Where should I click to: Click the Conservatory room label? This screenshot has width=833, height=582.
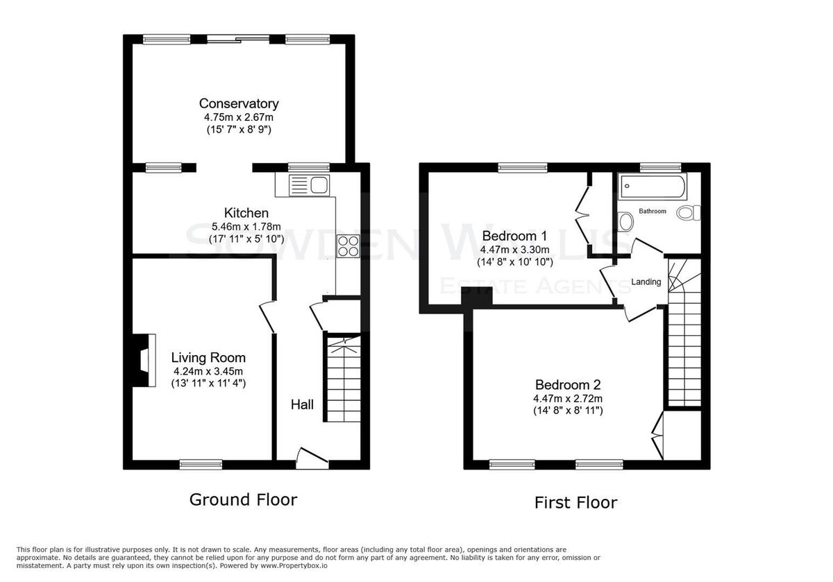[239, 103]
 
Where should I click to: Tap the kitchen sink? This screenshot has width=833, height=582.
[309, 185]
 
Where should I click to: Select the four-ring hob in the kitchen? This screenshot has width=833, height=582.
[348, 246]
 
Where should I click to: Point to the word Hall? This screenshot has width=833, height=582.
[302, 404]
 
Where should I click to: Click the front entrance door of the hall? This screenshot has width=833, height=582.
[312, 459]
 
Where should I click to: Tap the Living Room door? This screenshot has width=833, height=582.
[267, 317]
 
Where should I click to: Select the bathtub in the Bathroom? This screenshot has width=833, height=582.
[653, 186]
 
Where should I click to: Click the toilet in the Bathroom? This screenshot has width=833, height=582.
[689, 213]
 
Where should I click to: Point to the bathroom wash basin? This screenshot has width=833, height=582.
[625, 221]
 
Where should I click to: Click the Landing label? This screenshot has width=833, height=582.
[646, 282]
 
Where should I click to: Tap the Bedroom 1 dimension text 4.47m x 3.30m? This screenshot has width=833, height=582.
[514, 249]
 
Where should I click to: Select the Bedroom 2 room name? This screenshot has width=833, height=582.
[568, 384]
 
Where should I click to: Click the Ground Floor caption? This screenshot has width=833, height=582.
[243, 499]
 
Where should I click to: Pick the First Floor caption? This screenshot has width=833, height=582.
[575, 502]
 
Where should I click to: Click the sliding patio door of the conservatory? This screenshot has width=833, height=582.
[238, 39]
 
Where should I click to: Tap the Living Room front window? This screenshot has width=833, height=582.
[201, 465]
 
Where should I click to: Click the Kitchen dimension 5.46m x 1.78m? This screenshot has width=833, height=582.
[246, 226]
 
